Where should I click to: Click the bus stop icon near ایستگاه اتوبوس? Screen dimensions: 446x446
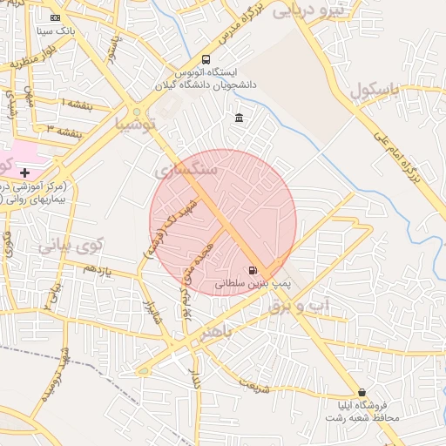(206, 59)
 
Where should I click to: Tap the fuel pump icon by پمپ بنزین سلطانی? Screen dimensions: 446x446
(253, 271)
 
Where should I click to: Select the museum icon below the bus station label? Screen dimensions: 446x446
(240, 118)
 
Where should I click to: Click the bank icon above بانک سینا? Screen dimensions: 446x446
(56, 17)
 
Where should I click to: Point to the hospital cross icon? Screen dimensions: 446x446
(24, 173)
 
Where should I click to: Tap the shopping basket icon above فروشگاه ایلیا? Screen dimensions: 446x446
(362, 392)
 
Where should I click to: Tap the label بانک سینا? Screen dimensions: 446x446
(57, 30)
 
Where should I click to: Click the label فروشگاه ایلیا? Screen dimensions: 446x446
(362, 412)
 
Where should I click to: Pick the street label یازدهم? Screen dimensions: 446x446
(98, 270)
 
